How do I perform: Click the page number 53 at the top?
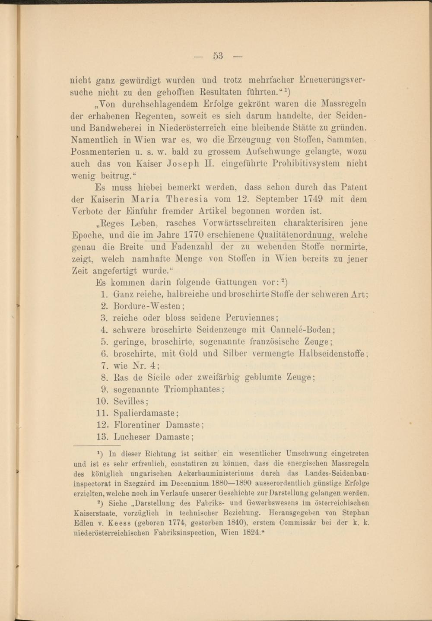tap(218, 56)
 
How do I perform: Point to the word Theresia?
tap(187, 200)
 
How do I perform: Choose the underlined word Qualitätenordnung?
tap(295, 235)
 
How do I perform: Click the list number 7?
tap(104, 365)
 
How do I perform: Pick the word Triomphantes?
tap(193, 389)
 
